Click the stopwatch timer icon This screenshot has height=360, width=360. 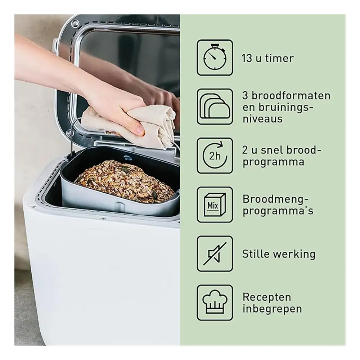coord(215,57)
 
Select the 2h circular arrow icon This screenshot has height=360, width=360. coord(215,156)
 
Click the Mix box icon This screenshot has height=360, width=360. coord(215,204)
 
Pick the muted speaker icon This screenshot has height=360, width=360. coord(215,254)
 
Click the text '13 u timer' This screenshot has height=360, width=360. coord(268,58)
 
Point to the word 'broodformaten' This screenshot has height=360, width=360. coord(291,95)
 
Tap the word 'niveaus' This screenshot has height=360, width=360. coord(262,119)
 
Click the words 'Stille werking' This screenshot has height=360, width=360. coord(279,254)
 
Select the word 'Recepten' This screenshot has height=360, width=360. coord(267,297)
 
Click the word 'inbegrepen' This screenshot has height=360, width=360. coord(272,309)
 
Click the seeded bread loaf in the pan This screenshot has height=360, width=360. coord(125,181)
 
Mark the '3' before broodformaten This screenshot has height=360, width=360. coord(245,95)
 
